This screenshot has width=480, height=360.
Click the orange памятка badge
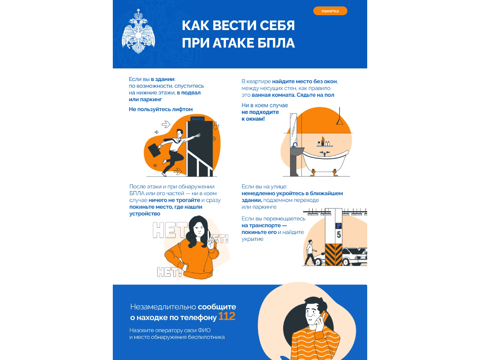[x=330, y=11]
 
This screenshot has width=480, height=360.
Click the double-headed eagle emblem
[x=138, y=31]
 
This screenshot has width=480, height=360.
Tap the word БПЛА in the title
[x=276, y=43]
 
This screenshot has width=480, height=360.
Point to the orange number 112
[x=226, y=316]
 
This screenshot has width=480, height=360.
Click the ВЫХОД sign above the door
[x=197, y=119]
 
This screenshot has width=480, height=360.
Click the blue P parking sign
[x=339, y=226]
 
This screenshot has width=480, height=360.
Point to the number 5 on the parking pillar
[x=339, y=235]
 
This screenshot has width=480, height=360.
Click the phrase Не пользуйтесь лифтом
[x=161, y=109]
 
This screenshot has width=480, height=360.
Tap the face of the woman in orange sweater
[x=198, y=231]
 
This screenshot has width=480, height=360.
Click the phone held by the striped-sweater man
[x=325, y=316]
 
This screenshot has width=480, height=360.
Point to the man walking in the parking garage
[x=310, y=252]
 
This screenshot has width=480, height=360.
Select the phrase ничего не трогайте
[x=174, y=200]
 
